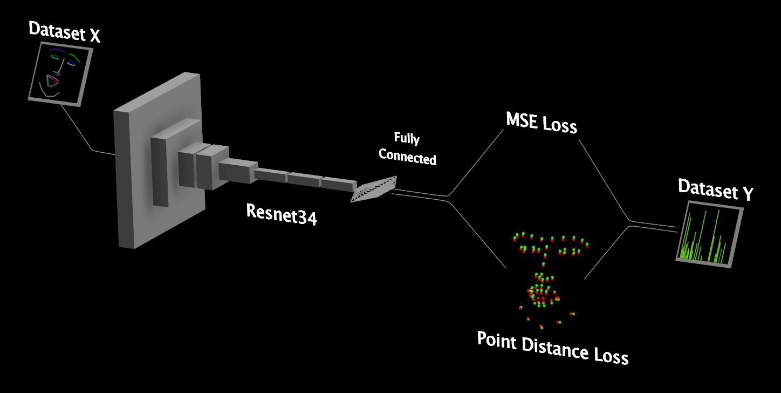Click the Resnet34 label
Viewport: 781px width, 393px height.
tap(281, 213)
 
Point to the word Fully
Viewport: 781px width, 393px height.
tap(406, 138)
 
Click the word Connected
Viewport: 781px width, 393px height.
tap(407, 156)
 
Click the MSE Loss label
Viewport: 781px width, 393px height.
tap(541, 123)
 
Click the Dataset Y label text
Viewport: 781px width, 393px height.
tap(715, 191)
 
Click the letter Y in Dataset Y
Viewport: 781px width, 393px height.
tap(747, 194)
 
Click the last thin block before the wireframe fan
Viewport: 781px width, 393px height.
tap(339, 184)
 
